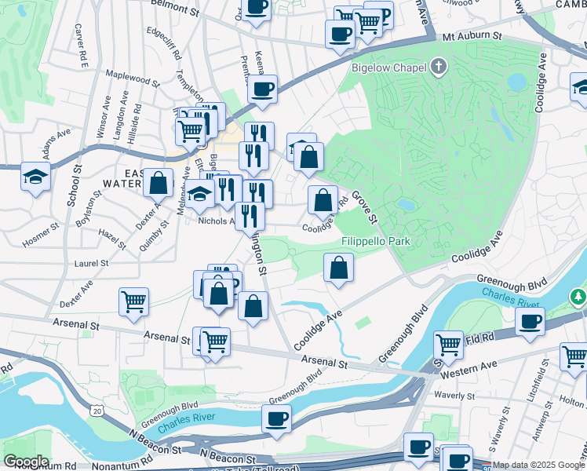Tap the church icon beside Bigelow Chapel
[439, 67]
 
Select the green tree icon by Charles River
[578, 297]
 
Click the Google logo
[26, 462]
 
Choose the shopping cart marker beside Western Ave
[447, 344]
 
